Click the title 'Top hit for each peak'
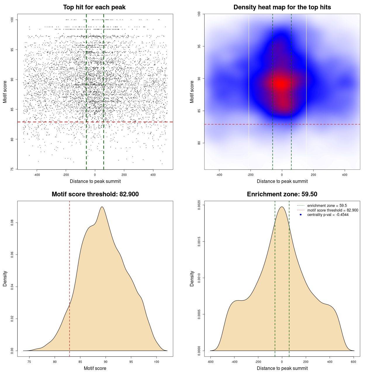coord(94,7)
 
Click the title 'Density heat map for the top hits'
coord(282,7)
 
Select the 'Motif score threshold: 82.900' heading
coord(95,194)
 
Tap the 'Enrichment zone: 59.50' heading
coord(282,194)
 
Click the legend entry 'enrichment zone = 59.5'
coord(327,206)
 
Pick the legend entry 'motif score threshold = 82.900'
coord(333,210)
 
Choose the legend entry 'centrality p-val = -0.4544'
coord(328,215)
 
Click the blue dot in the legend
coord(301,215)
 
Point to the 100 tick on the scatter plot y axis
coord(12,20)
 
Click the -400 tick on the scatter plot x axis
coord(37,175)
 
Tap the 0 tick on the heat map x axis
coord(282,175)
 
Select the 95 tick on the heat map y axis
coord(199,46)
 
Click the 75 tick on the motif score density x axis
coord(29,362)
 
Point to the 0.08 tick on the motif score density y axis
coord(12,223)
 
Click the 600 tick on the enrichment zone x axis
coord(354,362)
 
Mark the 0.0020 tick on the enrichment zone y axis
coord(199,205)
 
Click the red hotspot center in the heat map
coord(281,84)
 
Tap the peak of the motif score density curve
coord(102,207)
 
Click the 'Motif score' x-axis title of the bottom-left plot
coord(95,368)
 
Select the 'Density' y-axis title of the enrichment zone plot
coord(192,278)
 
